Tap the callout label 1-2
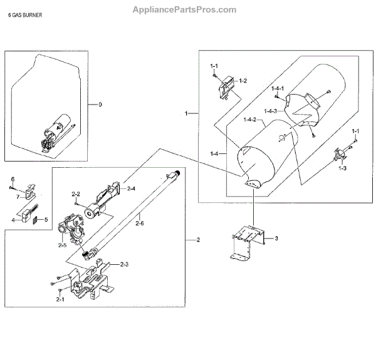pos(243,80)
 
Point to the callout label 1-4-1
pos(278,89)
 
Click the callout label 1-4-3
pos(271,111)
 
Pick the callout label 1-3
pos(342,169)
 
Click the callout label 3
pos(275,239)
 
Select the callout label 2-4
pos(131,188)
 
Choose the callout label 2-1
pos(60,300)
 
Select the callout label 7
pos(18,197)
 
